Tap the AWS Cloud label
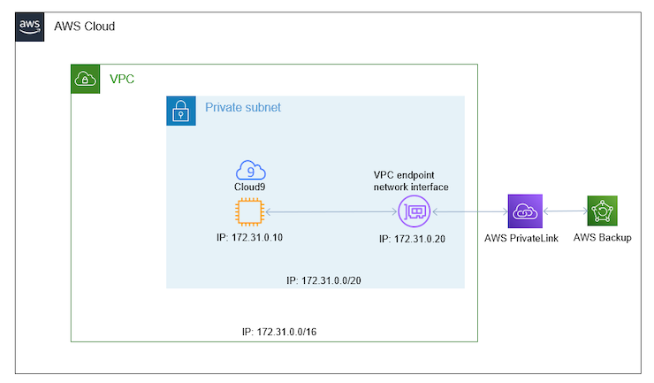[85, 27]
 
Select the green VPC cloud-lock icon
[85, 79]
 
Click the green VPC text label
[122, 79]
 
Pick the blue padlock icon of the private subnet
[180, 111]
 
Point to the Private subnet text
[243, 108]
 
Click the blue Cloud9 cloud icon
[251, 170]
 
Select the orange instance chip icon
[251, 212]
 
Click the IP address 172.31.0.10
[251, 238]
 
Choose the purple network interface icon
[413, 211]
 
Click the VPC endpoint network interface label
[412, 180]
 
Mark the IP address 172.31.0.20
[412, 239]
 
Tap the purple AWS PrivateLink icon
[523, 211]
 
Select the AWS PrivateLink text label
[523, 238]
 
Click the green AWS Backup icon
[602, 211]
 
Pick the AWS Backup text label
[602, 238]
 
